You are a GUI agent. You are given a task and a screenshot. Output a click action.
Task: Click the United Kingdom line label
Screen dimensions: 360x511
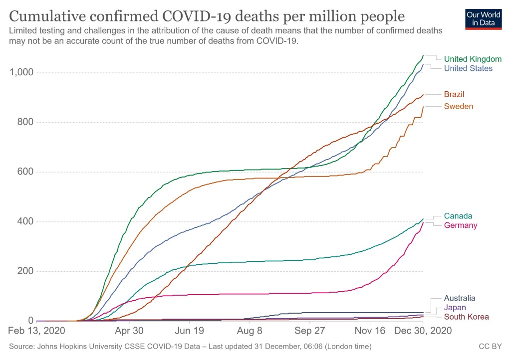tap(473, 59)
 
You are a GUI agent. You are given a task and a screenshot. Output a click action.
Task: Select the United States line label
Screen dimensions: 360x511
tap(468, 68)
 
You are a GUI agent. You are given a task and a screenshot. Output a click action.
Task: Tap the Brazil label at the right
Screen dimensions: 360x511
tap(454, 94)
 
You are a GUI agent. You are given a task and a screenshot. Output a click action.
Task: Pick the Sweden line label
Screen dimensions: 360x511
tap(459, 106)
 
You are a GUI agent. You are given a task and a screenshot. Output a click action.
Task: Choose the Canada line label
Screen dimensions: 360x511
tap(458, 216)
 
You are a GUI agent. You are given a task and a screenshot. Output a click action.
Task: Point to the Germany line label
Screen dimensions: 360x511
tap(461, 225)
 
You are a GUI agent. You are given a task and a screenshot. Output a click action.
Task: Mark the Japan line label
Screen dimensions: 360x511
tap(455, 308)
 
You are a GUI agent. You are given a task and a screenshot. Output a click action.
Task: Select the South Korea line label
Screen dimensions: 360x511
tap(466, 317)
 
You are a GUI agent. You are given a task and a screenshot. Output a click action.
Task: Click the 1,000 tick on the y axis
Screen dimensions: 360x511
tap(21, 73)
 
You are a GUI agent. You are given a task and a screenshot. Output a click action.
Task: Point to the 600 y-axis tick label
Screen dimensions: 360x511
tap(25, 172)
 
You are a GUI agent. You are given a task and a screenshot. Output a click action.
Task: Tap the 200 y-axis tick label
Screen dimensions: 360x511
tap(25, 271)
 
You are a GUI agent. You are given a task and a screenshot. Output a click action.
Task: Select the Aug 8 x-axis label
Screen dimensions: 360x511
tap(250, 331)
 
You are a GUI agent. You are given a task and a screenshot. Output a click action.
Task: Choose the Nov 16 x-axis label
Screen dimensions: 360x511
tap(370, 331)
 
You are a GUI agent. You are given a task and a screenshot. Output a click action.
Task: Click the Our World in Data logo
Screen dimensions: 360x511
tap(483, 19)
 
